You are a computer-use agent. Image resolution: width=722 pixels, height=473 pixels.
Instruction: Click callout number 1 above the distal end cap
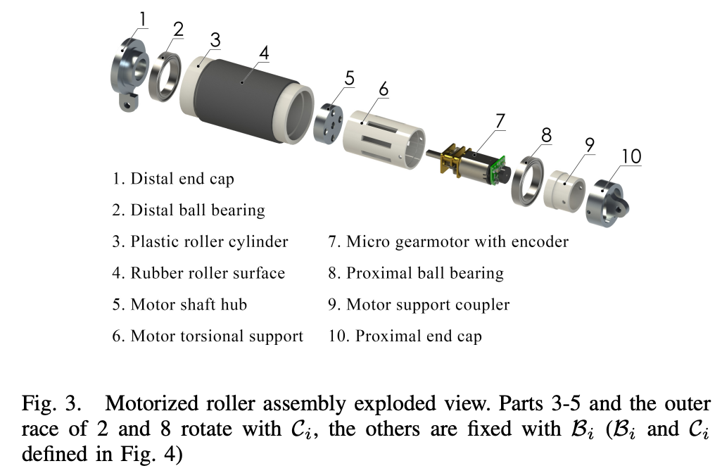click(x=143, y=20)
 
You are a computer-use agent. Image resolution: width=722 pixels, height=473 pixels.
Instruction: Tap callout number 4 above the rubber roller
click(x=264, y=53)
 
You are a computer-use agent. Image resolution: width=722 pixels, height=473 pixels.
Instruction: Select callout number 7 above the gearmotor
click(x=500, y=121)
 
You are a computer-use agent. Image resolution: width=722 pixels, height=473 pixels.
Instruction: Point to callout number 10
click(x=631, y=156)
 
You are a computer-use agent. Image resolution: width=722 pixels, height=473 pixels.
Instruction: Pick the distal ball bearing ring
click(x=165, y=77)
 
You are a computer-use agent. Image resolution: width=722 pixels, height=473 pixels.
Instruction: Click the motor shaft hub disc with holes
click(x=329, y=122)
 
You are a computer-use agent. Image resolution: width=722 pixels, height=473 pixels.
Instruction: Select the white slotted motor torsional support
click(x=384, y=139)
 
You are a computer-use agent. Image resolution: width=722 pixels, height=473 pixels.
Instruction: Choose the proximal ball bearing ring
click(x=528, y=182)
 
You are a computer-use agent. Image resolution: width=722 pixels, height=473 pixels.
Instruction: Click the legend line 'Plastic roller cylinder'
click(x=200, y=242)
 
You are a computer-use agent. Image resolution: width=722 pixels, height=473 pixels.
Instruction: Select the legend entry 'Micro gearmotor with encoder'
click(x=448, y=242)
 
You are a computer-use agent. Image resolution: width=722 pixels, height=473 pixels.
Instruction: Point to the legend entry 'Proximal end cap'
click(x=405, y=336)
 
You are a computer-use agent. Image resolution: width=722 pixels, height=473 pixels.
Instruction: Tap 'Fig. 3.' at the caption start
click(x=51, y=404)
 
